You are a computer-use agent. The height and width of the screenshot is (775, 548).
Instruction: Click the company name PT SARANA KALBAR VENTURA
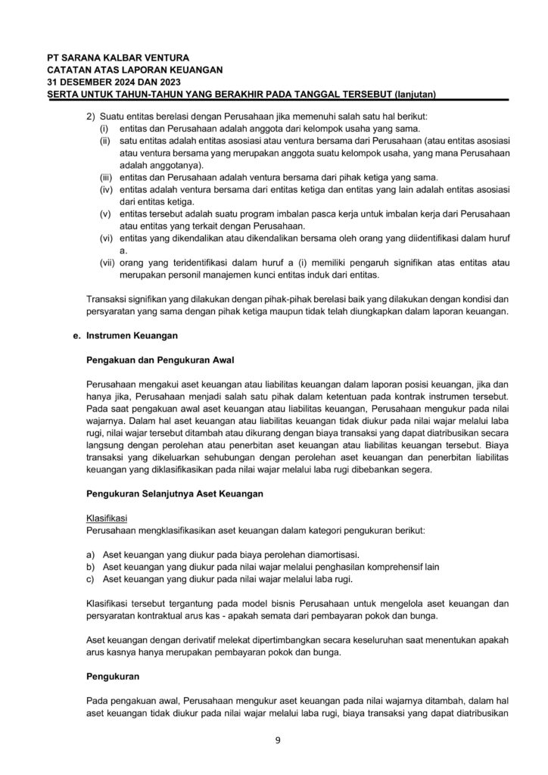118,57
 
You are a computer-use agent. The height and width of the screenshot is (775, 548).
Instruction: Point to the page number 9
278,740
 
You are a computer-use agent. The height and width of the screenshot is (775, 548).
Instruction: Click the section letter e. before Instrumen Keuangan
76,336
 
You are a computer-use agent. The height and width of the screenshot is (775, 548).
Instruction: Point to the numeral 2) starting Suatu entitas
92,117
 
